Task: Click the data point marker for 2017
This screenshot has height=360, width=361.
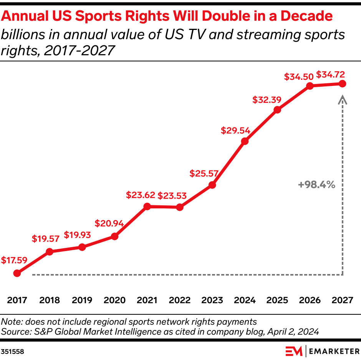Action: (17, 273)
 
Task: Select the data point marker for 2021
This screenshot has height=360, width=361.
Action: (146, 206)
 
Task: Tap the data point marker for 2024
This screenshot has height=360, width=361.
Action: (245, 141)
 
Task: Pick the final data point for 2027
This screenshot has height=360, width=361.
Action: (343, 84)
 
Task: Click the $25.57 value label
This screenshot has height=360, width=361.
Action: (204, 173)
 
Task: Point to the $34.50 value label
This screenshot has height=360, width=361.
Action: (298, 76)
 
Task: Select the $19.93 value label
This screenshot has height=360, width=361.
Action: (77, 234)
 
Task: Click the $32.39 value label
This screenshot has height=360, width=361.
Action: (267, 100)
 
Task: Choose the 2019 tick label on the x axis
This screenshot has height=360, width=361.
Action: (82, 300)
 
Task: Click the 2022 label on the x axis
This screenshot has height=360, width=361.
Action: (179, 300)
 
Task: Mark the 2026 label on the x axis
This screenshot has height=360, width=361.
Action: (310, 300)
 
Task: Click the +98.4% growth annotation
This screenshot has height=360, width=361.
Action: (316, 185)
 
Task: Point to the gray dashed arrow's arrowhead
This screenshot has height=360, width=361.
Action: (343, 100)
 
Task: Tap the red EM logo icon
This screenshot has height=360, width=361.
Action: (293, 351)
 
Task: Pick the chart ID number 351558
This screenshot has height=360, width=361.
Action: (12, 351)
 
